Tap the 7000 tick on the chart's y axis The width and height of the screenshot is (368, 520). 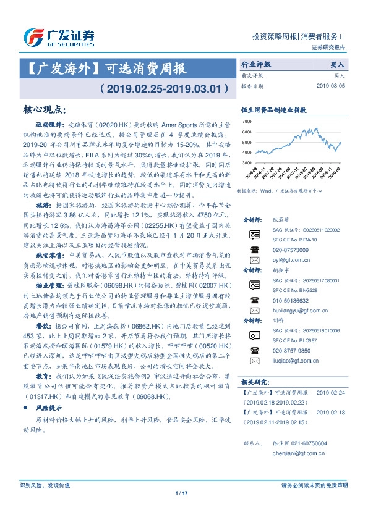[247, 122]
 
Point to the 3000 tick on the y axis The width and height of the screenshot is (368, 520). [247, 162]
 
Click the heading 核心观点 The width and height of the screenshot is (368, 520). [44, 109]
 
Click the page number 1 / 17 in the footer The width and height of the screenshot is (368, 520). [181, 510]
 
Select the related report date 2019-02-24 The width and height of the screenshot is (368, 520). [333, 392]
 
